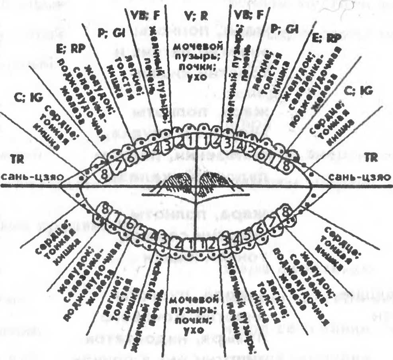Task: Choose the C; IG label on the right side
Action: (359, 91)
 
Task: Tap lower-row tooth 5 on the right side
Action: (248, 236)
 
